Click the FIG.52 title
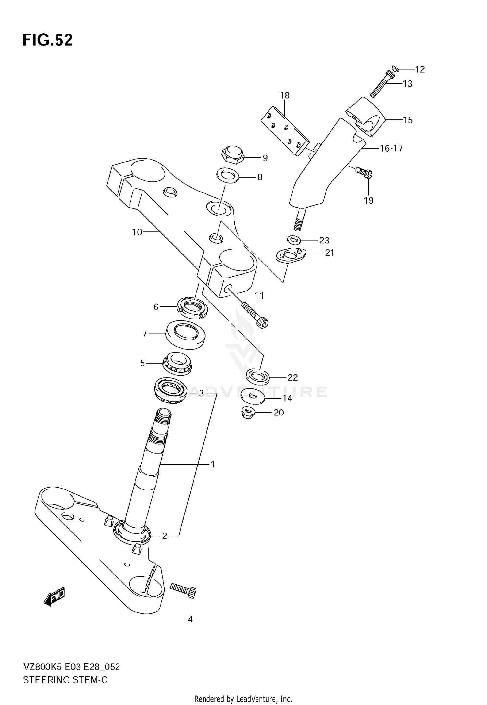(x=47, y=40)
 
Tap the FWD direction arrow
(x=55, y=597)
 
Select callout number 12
(x=420, y=69)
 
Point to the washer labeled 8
(x=228, y=175)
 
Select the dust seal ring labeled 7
(x=185, y=334)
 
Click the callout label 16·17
(x=391, y=148)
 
